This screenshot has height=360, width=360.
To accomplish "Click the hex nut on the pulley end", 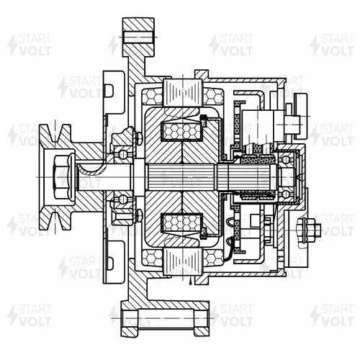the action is coord(62,177).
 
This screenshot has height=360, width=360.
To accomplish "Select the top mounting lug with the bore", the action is coord(138,37).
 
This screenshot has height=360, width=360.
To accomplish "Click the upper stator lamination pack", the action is coord(182,93).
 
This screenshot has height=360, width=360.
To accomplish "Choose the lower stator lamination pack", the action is coord(182,261).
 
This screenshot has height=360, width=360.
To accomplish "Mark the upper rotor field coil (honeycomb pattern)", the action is coord(182,131).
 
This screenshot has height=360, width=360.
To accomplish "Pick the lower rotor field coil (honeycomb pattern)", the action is coord(182,223).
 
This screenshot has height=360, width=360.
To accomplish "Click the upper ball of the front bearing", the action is coord(122,154).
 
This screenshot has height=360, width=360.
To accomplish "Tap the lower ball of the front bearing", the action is coord(122,199).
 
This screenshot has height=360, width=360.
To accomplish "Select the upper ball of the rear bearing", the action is coord(285,159).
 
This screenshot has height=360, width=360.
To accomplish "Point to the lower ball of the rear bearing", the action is coord(285,194).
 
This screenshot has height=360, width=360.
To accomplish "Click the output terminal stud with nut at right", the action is coord(309,230).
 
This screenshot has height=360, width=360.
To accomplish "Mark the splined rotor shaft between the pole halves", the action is coord(182,177).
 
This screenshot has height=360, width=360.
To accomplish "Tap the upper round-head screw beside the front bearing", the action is coord(139,138).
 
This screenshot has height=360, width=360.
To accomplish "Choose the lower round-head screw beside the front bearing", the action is coord(139,215).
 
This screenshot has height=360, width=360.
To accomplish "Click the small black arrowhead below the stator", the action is coord(191,281).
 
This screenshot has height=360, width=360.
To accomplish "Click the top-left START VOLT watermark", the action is coord(30,45).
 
